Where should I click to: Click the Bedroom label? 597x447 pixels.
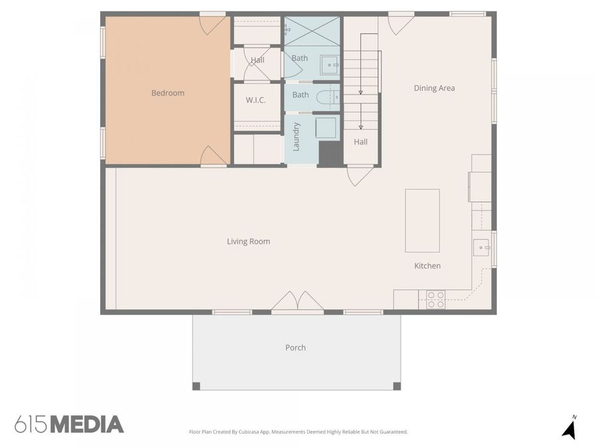click(168, 93)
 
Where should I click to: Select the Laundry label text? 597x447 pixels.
click(297, 136)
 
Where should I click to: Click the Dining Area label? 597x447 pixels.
click(434, 88)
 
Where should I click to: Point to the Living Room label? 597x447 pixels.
click(248, 242)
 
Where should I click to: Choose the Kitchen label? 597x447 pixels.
click(427, 266)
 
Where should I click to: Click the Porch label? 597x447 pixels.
click(295, 348)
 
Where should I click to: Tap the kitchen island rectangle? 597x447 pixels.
click(423, 221)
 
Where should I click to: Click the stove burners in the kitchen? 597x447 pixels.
click(436, 300)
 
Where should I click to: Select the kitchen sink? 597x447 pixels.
click(481, 248)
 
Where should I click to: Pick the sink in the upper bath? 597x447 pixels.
click(329, 65)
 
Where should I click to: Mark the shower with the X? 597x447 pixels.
click(312, 31)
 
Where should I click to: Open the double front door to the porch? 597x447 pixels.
click(298, 303)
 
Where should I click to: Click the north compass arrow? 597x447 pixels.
click(568, 428)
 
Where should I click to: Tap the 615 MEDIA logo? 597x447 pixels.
click(69, 424)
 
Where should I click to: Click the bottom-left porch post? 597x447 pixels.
click(196, 386)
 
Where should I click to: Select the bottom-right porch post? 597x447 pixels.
click(397, 386)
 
